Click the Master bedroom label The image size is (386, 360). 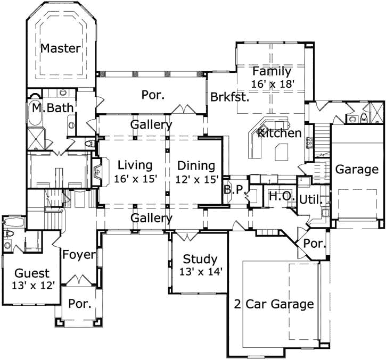coord(61,48)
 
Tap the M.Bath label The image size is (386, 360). coord(52,108)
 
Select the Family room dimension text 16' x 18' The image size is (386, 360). coord(272,83)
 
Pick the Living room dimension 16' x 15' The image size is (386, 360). coord(135,179)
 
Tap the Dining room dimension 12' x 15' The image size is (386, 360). coord(196,179)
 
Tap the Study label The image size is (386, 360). coord(200,259)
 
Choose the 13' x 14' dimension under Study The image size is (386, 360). coord(200,272)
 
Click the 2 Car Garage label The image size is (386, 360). coord(274,304)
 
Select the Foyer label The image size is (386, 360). coord(79,255)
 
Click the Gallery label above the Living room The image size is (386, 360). coord(152,125)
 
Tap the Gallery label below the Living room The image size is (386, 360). coord(152,218)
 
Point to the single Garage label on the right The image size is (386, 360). coord(357,170)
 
